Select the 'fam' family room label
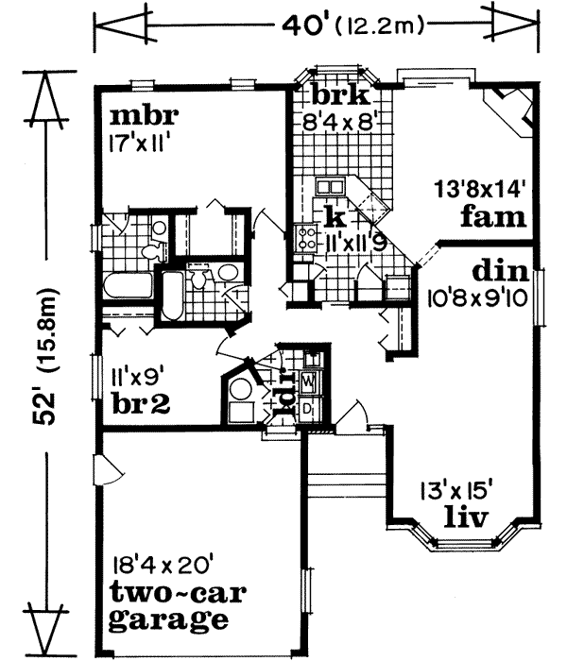coord(492,217)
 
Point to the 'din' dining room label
coord(501,272)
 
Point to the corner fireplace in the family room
coord(507,110)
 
